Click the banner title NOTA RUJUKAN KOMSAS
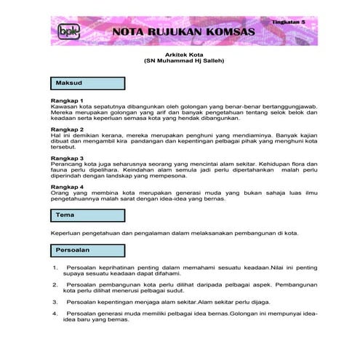point(183,33)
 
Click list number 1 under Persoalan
point(56,268)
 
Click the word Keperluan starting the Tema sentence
point(65,233)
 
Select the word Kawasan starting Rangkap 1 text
point(64,106)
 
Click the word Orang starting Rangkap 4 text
point(60,193)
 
